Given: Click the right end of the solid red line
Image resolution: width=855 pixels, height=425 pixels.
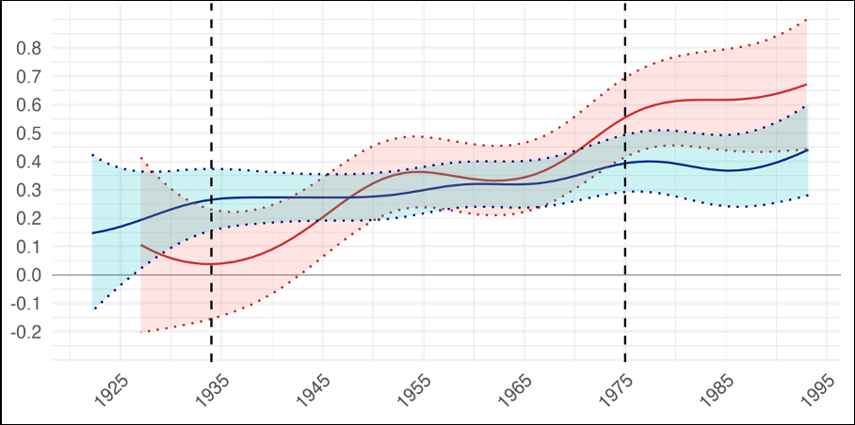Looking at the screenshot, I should tap(807, 85).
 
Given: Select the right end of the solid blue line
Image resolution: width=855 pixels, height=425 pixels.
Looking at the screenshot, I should tap(807, 150).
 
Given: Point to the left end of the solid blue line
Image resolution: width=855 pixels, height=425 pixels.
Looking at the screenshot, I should tap(92, 232).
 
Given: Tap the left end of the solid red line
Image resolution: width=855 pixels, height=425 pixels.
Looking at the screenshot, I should tap(141, 245).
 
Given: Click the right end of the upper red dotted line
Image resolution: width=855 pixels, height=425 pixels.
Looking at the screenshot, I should tap(807, 20).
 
